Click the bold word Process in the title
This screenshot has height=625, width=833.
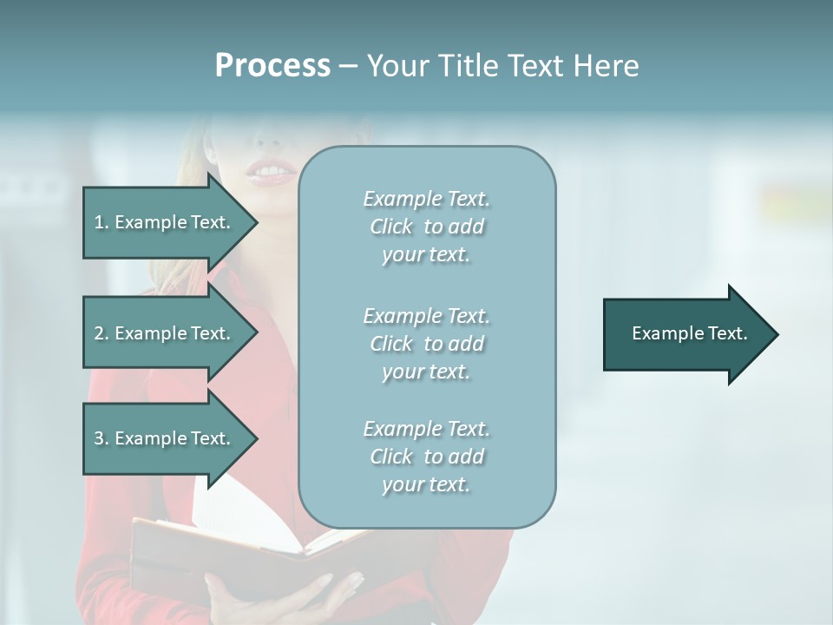point(272,66)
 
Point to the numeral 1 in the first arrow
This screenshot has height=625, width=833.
point(99,222)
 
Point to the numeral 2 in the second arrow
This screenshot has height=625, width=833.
point(99,333)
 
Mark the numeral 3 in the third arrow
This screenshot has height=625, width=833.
point(99,438)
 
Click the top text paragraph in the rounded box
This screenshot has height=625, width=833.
point(426,227)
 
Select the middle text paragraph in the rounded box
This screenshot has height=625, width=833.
point(426,344)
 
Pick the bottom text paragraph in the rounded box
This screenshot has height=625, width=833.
point(426,457)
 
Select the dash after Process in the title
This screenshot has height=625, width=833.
point(348,67)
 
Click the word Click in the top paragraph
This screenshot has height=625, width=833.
point(391,227)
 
